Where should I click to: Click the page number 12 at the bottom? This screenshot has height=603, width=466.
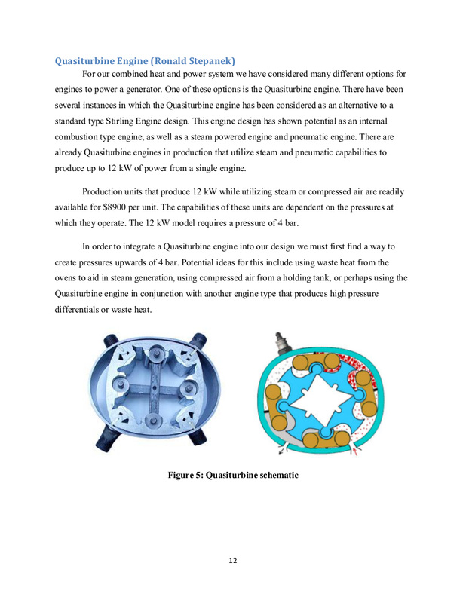pyautogui.click(x=233, y=559)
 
